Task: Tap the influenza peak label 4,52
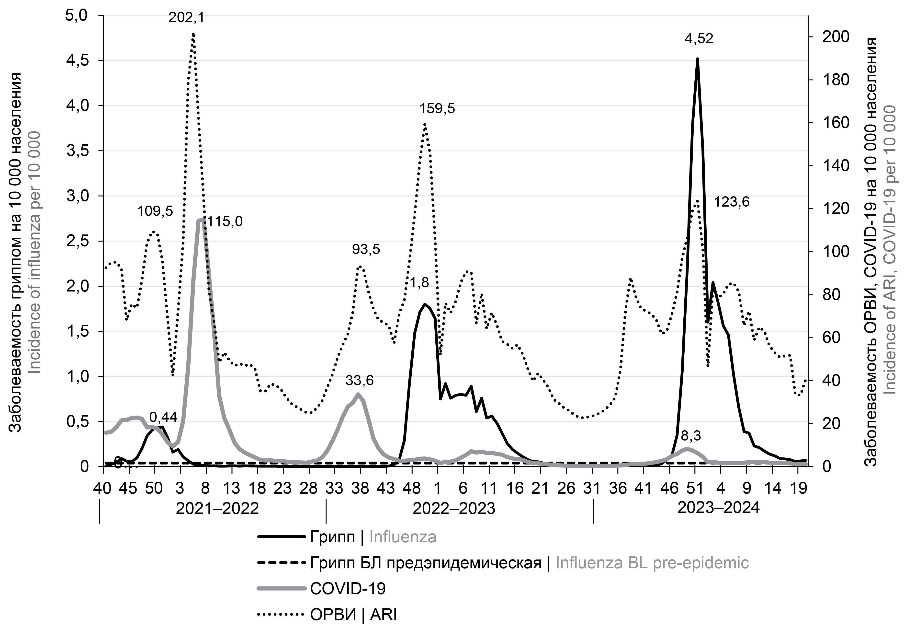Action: tap(699, 39)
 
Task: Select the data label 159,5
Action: tap(437, 108)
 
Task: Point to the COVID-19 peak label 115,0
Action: tap(225, 221)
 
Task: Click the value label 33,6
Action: tap(360, 381)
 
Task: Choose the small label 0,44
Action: tap(163, 417)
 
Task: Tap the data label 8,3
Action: tap(691, 436)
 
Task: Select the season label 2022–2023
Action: tap(453, 509)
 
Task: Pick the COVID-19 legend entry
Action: tap(348, 588)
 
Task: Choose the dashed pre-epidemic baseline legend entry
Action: tap(529, 563)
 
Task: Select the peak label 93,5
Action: tap(366, 249)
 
